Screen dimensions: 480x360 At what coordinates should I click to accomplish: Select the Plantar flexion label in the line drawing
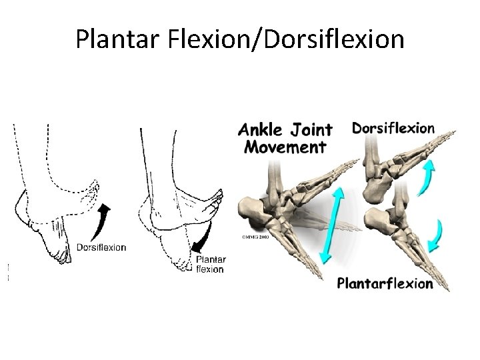pyautogui.click(x=211, y=264)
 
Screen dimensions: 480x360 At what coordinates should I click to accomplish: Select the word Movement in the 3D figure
pyautogui.click(x=285, y=147)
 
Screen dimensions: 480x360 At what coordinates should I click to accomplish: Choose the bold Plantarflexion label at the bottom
pyautogui.click(x=385, y=283)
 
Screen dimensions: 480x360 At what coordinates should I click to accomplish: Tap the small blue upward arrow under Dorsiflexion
pyautogui.click(x=427, y=177)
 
